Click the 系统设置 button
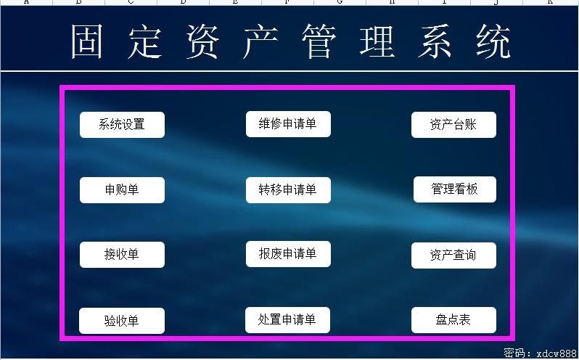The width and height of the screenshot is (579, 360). [x=122, y=125]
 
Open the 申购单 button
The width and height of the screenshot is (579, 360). [x=122, y=190]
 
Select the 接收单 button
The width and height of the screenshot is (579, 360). [x=122, y=255]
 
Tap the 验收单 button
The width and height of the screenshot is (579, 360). [x=122, y=321]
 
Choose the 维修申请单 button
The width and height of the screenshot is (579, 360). [x=288, y=124]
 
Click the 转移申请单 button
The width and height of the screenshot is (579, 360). [x=288, y=190]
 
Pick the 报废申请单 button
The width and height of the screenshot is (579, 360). [x=288, y=254]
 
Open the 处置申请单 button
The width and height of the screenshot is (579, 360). [x=287, y=320]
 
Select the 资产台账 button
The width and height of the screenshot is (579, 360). [x=453, y=125]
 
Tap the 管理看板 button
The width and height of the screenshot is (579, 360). [x=455, y=189]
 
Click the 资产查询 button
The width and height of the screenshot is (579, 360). [x=453, y=255]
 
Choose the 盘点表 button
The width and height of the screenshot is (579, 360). [x=453, y=320]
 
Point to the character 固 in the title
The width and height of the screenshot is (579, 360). [x=87, y=41]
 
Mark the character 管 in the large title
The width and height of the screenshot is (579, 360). [x=319, y=41]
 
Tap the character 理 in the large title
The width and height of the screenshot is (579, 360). [x=377, y=41]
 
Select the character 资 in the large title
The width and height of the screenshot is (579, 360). [x=202, y=41]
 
